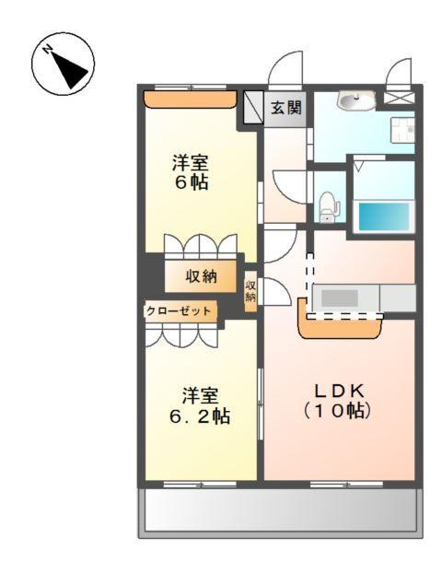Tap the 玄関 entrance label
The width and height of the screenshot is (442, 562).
click(x=285, y=108)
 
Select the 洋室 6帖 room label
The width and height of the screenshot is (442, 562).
click(x=190, y=172)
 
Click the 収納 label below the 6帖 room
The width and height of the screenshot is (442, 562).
click(x=202, y=275)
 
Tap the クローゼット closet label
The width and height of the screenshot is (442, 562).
click(x=180, y=311)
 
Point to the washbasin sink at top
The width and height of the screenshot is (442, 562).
click(x=355, y=100)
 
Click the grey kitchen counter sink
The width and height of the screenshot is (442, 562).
click(x=339, y=298)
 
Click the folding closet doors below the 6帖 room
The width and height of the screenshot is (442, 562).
click(x=202, y=248)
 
